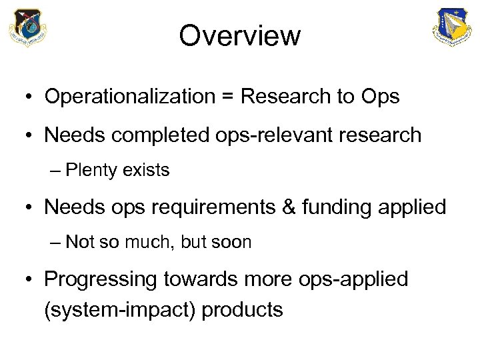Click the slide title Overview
coord(240,36)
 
